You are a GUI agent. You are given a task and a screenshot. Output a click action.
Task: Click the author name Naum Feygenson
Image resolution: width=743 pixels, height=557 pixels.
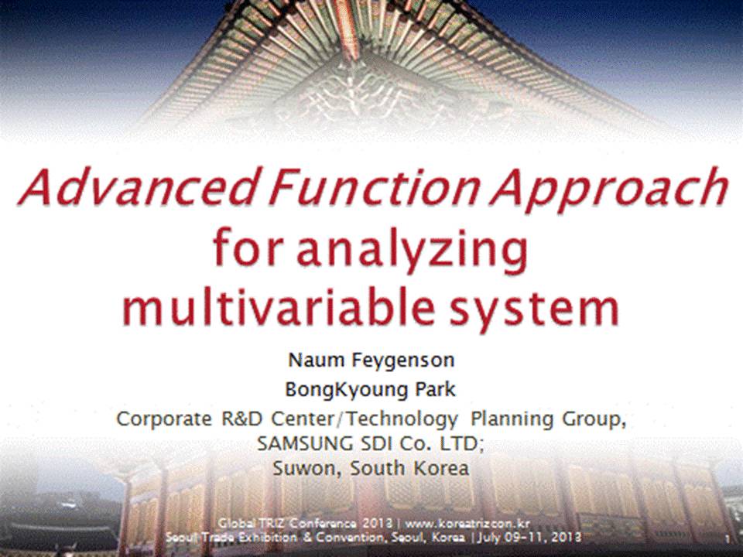(371, 361)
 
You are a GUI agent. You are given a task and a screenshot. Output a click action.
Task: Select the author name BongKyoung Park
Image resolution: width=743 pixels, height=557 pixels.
(370, 390)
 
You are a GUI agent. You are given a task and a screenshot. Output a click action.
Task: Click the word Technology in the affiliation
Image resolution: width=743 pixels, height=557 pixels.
(402, 420)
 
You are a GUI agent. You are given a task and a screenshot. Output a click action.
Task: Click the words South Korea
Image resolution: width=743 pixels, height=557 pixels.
(409, 469)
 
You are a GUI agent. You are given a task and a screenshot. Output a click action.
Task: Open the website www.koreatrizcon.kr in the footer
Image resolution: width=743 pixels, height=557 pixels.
(467, 524)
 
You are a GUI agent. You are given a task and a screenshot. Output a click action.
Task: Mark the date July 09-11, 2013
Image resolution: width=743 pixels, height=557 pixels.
(529, 538)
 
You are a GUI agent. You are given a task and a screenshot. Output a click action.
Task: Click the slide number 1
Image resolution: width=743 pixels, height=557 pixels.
(728, 539)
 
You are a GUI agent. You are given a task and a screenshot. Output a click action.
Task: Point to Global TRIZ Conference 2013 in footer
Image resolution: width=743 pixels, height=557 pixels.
(305, 524)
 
